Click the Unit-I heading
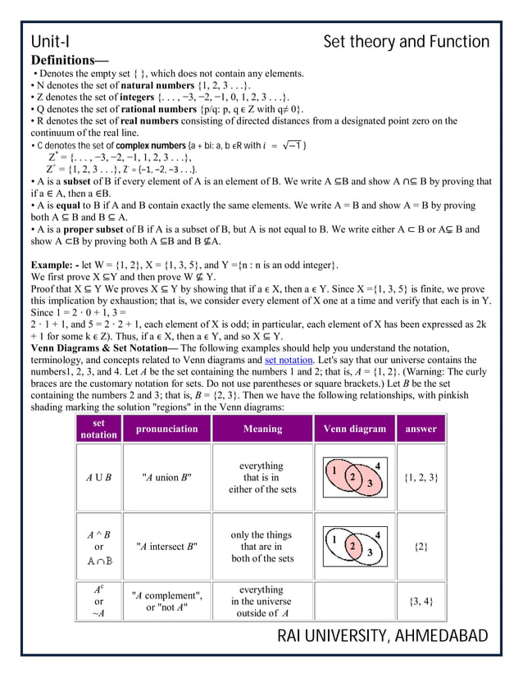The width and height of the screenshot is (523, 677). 50,42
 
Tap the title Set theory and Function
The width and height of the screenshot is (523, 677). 406,42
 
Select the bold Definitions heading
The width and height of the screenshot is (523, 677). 69,61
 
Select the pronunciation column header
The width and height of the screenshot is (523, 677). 166,429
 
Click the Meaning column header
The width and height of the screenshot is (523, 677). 262,429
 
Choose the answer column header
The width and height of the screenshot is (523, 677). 416,429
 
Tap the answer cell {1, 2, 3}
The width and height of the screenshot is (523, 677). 416,477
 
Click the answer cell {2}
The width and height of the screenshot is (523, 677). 416,546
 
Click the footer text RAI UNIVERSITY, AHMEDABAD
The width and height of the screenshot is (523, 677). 383,637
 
